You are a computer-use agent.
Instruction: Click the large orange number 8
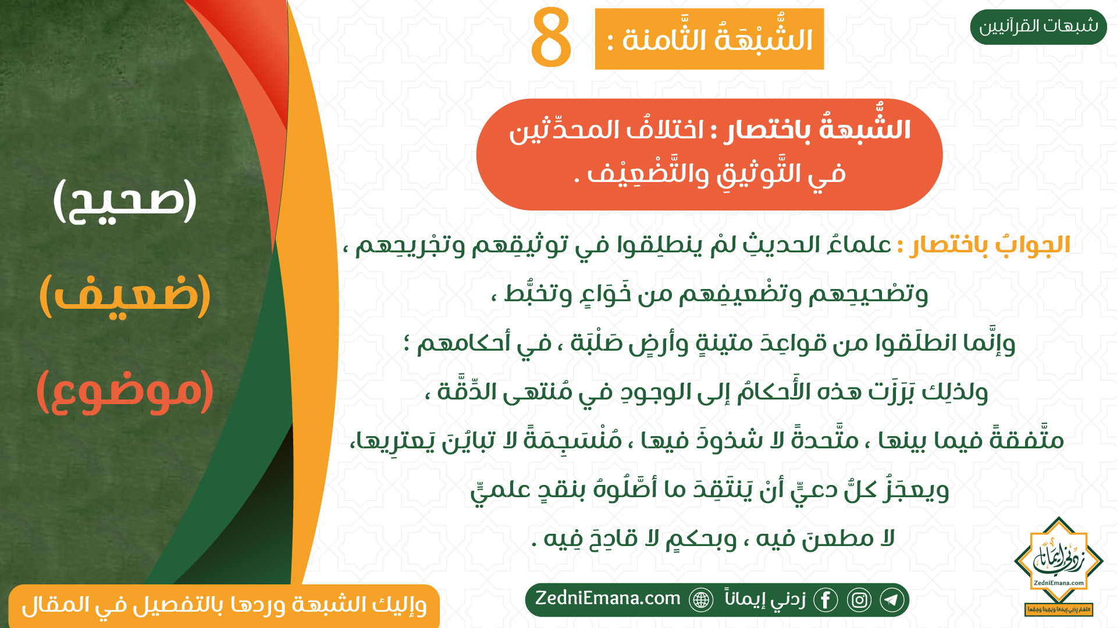(551, 37)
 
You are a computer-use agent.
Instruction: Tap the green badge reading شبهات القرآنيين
(1038, 27)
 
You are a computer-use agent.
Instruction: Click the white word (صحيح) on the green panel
(125, 201)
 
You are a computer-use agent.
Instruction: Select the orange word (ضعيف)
(125, 295)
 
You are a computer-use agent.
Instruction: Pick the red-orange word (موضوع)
(125, 390)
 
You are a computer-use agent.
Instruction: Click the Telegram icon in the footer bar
(892, 600)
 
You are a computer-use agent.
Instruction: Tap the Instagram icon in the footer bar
(859, 600)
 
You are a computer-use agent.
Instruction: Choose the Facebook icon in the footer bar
(826, 600)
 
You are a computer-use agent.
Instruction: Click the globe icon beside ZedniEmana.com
(701, 600)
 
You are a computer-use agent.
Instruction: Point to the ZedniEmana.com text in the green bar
(608, 598)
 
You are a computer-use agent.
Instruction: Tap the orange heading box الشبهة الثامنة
(709, 39)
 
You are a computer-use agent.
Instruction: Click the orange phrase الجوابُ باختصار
(990, 245)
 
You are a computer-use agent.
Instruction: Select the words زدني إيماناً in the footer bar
(765, 599)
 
